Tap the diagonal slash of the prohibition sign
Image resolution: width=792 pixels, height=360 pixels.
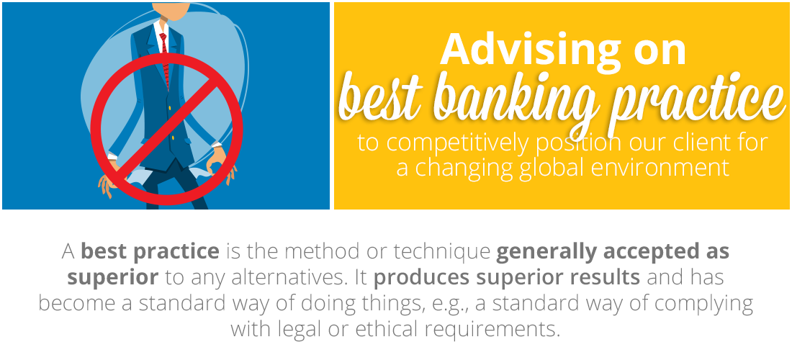[x=166, y=130]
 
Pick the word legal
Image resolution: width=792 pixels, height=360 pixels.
[x=303, y=330]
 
